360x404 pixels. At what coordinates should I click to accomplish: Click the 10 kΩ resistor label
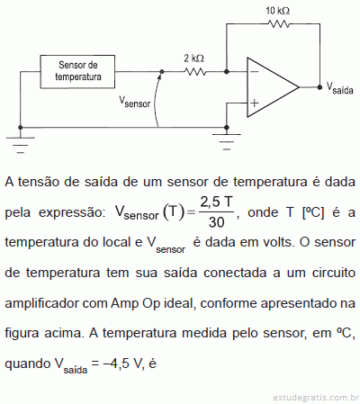pyautogui.click(x=277, y=11)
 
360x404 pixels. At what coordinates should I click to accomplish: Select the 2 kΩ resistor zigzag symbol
pyautogui.click(x=195, y=72)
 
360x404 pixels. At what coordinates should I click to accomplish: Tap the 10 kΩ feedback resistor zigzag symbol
pyautogui.click(x=279, y=23)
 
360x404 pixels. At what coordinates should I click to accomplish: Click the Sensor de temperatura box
pyautogui.click(x=77, y=72)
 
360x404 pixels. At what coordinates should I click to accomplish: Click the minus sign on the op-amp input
pyautogui.click(x=254, y=72)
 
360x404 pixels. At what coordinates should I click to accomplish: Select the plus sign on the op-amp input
pyautogui.click(x=254, y=103)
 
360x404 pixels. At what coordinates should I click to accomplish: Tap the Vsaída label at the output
pyautogui.click(x=339, y=88)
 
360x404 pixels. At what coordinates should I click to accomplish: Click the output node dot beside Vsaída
pyautogui.click(x=319, y=87)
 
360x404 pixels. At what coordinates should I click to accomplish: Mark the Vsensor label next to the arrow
pyautogui.click(x=134, y=102)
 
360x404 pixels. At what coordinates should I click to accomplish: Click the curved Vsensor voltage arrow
pyautogui.click(x=156, y=99)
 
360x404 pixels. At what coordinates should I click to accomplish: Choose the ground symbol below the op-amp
pyautogui.click(x=227, y=141)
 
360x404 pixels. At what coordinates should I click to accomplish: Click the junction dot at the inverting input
pyautogui.click(x=227, y=72)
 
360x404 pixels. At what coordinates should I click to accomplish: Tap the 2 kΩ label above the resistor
pyautogui.click(x=193, y=58)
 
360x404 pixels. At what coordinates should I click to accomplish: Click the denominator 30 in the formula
pyautogui.click(x=216, y=222)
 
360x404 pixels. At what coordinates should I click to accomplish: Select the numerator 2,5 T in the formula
pyautogui.click(x=216, y=202)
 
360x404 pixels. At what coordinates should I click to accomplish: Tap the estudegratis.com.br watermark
pyautogui.click(x=316, y=398)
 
